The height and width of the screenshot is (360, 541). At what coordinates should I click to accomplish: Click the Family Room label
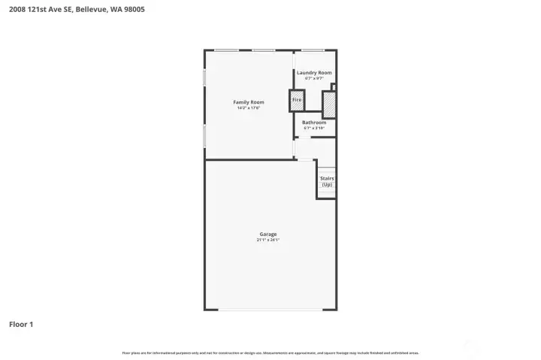[x=248, y=102]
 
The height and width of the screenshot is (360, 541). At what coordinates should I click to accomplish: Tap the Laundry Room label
[x=314, y=73]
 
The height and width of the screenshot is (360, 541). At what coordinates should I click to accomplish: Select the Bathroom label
[x=314, y=123]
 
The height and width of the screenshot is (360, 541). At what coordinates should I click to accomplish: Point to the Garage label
[x=269, y=234]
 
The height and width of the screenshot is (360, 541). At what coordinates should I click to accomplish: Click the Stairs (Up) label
[x=327, y=181]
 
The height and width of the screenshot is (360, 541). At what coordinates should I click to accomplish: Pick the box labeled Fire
[x=297, y=100]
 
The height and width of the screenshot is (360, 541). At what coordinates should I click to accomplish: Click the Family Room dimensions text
[x=248, y=108]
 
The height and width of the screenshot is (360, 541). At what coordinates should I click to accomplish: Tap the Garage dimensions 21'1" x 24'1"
[x=269, y=241]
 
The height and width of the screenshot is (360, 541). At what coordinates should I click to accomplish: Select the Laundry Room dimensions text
[x=314, y=78]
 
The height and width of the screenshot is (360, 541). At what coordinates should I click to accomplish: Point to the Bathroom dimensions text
[x=314, y=129]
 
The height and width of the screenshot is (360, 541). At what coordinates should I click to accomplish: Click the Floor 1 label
[x=21, y=325]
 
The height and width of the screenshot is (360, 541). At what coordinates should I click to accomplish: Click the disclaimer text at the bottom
[x=270, y=352]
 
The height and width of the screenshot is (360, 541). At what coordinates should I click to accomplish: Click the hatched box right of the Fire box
[x=328, y=103]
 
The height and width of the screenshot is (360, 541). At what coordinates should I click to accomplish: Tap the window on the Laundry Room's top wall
[x=313, y=50]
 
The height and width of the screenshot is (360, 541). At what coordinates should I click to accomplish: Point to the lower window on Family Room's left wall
[x=205, y=135]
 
